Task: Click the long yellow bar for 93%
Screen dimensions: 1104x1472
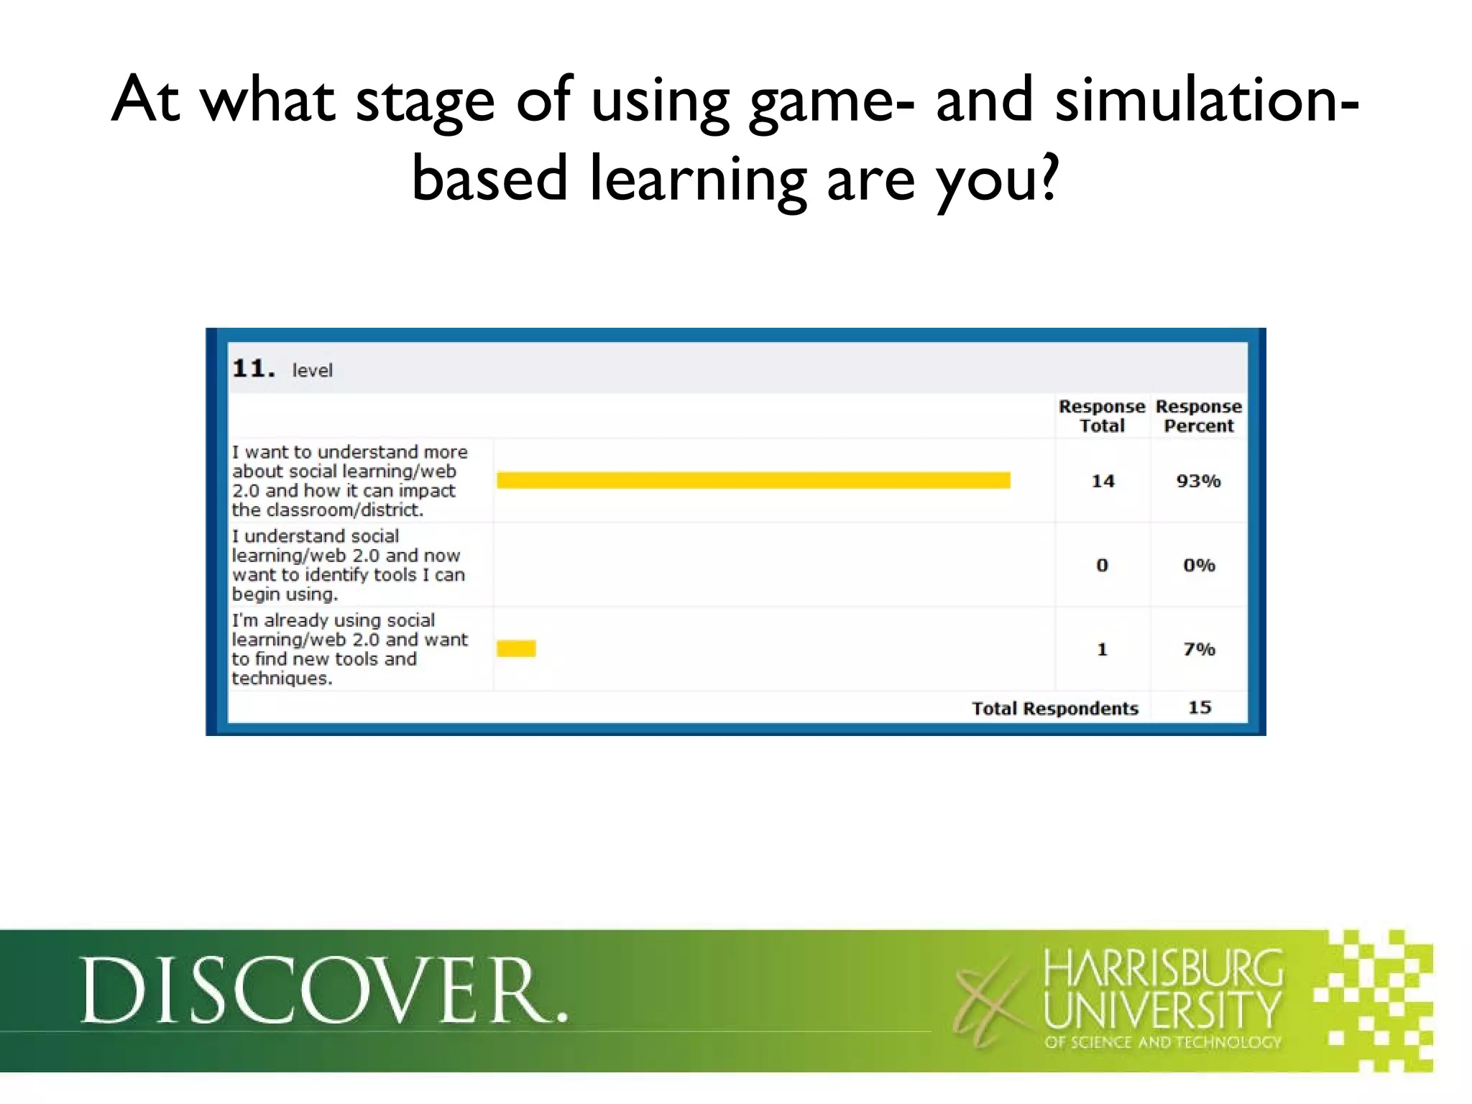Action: pyautogui.click(x=753, y=480)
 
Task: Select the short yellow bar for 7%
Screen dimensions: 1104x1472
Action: pyautogui.click(x=516, y=648)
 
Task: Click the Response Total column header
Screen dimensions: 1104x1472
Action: pyautogui.click(x=1101, y=416)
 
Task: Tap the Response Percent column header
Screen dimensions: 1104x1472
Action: pyautogui.click(x=1198, y=416)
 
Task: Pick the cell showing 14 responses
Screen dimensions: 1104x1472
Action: pyautogui.click(x=1103, y=481)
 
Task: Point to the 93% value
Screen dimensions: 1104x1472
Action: pyautogui.click(x=1198, y=481)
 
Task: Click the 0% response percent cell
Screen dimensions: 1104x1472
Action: pyautogui.click(x=1199, y=565)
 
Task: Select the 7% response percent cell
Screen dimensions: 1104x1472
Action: pyautogui.click(x=1199, y=649)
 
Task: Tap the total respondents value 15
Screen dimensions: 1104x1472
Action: pyautogui.click(x=1200, y=707)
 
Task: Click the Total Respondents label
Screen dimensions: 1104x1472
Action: pyautogui.click(x=1054, y=709)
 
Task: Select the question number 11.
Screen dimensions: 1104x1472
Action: pyautogui.click(x=253, y=369)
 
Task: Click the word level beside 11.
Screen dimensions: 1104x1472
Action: pyautogui.click(x=312, y=371)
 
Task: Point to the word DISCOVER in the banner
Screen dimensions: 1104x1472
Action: pyautogui.click(x=324, y=990)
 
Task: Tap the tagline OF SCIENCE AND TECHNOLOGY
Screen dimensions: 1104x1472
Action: pyautogui.click(x=1163, y=1042)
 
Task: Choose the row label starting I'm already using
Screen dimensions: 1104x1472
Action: pyautogui.click(x=349, y=649)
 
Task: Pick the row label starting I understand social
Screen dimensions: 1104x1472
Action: pyautogui.click(x=348, y=565)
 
